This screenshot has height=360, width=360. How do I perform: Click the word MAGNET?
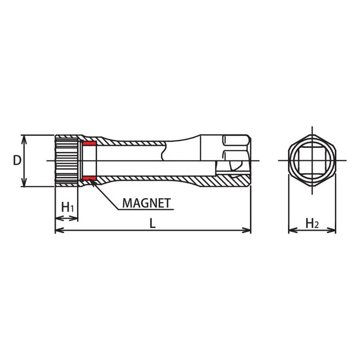[x=147, y=203]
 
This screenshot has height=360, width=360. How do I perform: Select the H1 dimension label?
[x=67, y=207]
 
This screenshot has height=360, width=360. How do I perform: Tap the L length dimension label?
[x=153, y=224]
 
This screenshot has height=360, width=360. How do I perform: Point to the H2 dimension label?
[x=312, y=223]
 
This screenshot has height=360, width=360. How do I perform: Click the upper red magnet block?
[x=90, y=144]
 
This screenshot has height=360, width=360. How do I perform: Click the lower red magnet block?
[x=90, y=178]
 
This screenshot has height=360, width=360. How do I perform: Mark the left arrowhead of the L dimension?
[x=58, y=230]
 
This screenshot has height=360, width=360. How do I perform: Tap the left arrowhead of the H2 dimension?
[x=291, y=230]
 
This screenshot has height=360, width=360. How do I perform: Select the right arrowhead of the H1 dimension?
[x=75, y=219]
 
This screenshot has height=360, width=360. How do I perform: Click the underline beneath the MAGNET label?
[x=144, y=210]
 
